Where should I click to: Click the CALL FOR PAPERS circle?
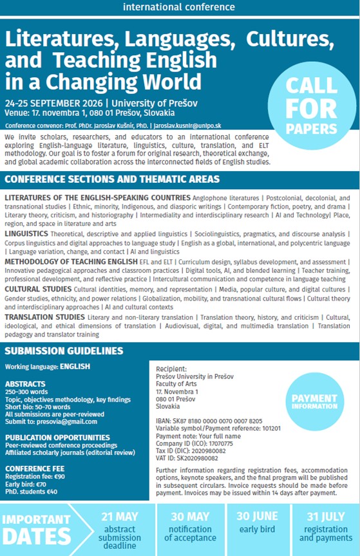(311, 106)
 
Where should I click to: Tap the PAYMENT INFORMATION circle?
(314, 402)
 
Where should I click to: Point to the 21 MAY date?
(119, 517)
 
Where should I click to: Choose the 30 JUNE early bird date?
(257, 516)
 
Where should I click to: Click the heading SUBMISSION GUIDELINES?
(64, 351)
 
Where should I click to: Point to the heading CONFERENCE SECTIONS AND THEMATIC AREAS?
(112, 179)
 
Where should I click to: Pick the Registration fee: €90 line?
(33, 476)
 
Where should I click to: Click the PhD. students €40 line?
(31, 492)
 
